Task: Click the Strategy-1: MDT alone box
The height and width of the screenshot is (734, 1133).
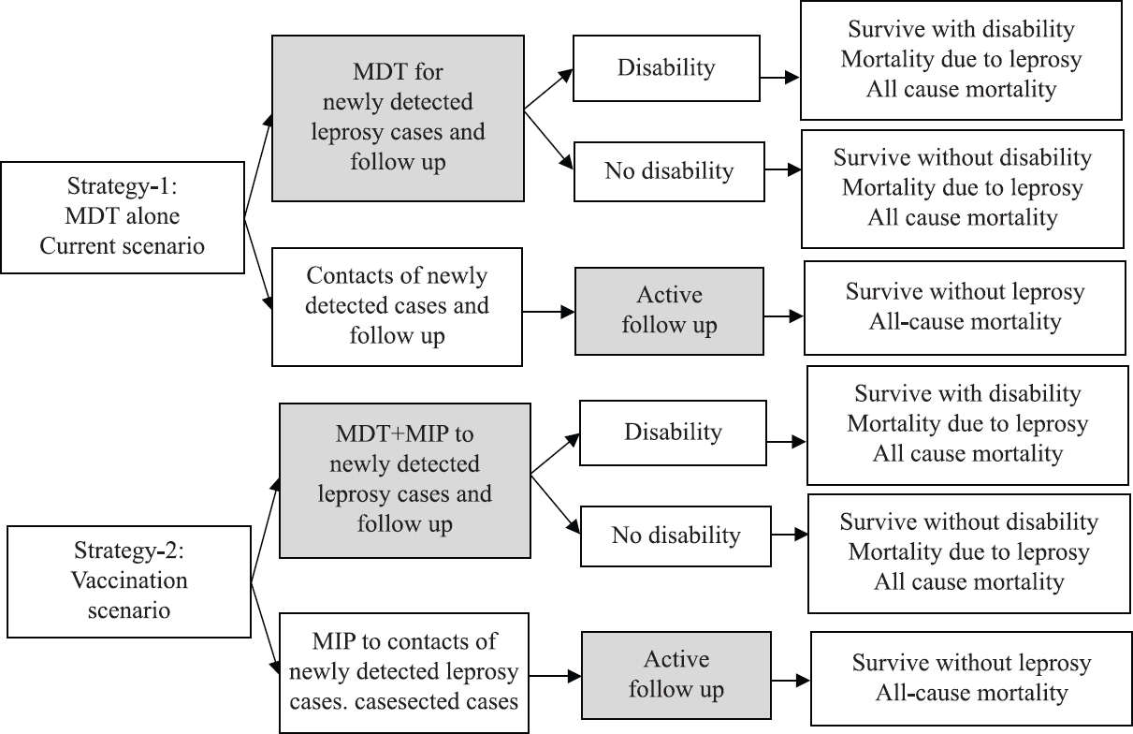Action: [123, 217]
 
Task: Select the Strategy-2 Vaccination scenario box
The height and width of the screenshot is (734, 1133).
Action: [129, 581]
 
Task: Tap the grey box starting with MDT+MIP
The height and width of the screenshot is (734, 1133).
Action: [404, 481]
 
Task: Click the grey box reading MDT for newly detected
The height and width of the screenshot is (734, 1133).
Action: [398, 119]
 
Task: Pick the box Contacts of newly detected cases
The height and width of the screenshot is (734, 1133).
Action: [397, 307]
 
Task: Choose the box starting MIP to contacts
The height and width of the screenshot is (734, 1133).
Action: [404, 673]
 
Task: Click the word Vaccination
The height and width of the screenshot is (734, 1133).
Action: [129, 580]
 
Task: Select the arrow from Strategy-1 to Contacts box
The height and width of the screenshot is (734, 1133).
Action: [258, 264]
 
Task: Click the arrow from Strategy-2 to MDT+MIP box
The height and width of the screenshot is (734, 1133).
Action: [266, 530]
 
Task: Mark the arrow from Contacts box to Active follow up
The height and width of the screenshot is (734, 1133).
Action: [549, 312]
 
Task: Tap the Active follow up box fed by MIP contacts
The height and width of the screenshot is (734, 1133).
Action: [676, 675]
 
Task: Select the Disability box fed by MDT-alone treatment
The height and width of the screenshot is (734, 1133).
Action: [666, 68]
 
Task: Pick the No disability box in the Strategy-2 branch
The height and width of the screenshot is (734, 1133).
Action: [675, 536]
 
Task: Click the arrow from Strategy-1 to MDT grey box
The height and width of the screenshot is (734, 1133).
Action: [258, 166]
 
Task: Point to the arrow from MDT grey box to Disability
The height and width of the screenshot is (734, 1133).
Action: [549, 89]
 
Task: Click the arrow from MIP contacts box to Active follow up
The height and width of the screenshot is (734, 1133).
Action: [556, 676]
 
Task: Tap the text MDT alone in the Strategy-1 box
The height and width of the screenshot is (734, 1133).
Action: [123, 216]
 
